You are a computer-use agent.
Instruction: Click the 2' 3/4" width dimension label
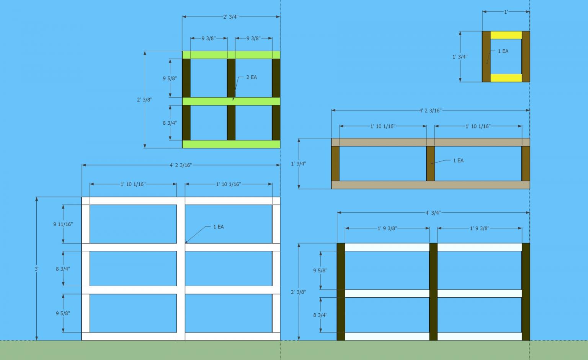[x=231, y=17]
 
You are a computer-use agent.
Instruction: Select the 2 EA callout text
[x=252, y=77]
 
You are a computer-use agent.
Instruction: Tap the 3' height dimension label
[x=36, y=269]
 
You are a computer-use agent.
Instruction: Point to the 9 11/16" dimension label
[x=63, y=224]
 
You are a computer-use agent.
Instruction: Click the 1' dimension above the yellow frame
[x=506, y=12]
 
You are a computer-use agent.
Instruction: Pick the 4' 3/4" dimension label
[x=433, y=213]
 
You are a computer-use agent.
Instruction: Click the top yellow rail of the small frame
[x=506, y=35]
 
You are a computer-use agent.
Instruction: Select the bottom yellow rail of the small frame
[x=506, y=78]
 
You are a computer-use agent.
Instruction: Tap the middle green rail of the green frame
[x=231, y=101]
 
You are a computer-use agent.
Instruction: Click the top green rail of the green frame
[x=231, y=55]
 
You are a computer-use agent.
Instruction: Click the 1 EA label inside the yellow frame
[x=503, y=51]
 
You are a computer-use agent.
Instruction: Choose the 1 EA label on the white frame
[x=219, y=227]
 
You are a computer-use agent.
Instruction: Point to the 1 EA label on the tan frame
[x=458, y=161]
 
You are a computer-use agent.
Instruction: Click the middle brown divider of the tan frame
[x=431, y=163]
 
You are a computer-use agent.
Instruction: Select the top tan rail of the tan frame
[x=431, y=142]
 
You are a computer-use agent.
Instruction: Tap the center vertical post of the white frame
[x=181, y=269]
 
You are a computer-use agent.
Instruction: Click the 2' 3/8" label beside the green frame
[x=144, y=100]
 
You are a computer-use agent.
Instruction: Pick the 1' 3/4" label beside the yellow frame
[x=460, y=57]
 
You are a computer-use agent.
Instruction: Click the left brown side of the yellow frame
[x=486, y=57]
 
